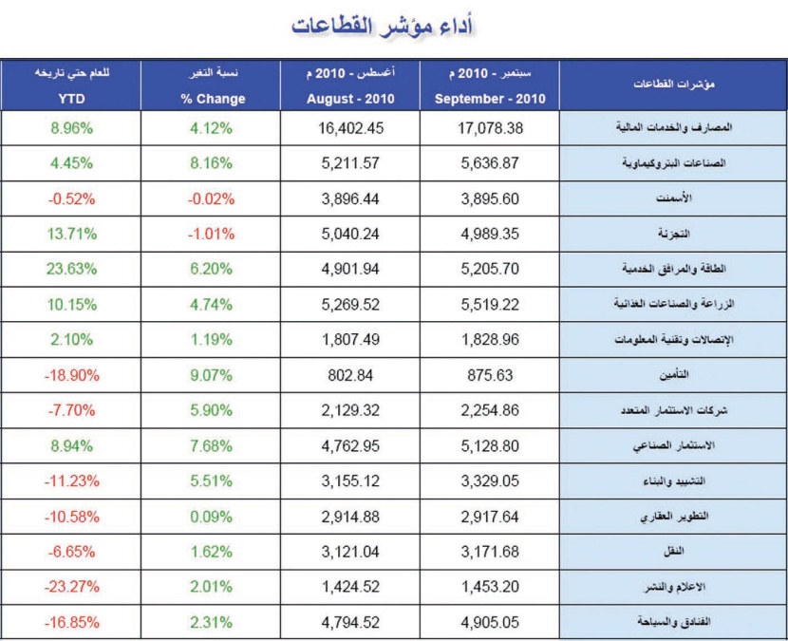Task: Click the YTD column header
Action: pyautogui.click(x=67, y=99)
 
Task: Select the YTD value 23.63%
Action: pyautogui.click(x=67, y=269)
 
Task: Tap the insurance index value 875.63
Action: pyautogui.click(x=489, y=374)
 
